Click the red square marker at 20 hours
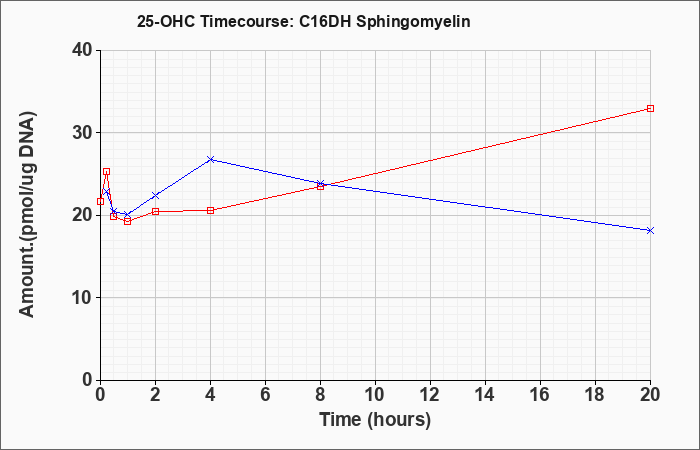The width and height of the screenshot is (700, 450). tap(650, 108)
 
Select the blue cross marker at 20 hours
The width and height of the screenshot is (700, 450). tap(650, 230)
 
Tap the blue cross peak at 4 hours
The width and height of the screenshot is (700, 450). tap(211, 159)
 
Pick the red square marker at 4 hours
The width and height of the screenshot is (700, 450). tap(211, 210)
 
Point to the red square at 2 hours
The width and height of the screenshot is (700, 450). tap(155, 211)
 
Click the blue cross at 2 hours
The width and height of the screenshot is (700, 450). tap(155, 196)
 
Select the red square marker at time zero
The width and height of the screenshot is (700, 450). tap(100, 201)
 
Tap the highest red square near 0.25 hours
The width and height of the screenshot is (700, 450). tap(106, 171)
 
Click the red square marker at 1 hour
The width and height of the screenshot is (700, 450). tap(128, 221)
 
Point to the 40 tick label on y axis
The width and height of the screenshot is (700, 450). tap(82, 50)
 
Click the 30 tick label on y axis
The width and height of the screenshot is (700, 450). tap(82, 133)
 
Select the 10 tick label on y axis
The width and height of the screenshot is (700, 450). tap(82, 298)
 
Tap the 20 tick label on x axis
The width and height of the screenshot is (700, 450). tap(650, 395)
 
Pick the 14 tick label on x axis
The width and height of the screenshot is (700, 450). tap(485, 395)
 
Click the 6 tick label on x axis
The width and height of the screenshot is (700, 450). tap(266, 395)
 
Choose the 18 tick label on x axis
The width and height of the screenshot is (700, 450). tap(595, 395)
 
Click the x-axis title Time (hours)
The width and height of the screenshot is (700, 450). tap(375, 420)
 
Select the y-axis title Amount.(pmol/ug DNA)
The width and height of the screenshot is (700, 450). tap(28, 215)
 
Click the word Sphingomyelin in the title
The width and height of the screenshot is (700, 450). tap(413, 22)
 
